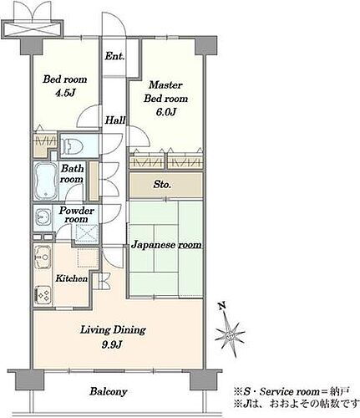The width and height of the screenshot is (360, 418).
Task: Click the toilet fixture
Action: [x=72, y=146]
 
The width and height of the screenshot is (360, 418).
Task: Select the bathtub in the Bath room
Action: [x=46, y=181]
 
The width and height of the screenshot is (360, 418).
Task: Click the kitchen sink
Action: [x=43, y=257]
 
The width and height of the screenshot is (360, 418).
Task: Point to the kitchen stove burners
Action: [x=43, y=295]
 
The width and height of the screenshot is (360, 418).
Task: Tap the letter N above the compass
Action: [x=221, y=307]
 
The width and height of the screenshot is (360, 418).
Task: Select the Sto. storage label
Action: [x=162, y=185]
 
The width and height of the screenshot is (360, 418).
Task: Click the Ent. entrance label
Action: [x=114, y=56]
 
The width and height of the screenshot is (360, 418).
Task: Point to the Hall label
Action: [x=115, y=120]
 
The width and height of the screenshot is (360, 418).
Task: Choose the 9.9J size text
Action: [x=112, y=345]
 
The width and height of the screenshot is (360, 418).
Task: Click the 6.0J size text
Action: [x=166, y=112]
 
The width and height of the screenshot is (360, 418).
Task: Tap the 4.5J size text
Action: [x=65, y=93]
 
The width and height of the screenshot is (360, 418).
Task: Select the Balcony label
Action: [x=109, y=392]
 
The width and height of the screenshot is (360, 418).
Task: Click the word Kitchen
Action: [x=72, y=278]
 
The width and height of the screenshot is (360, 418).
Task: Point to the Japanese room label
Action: [x=166, y=245]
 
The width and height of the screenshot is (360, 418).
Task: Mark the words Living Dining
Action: [x=113, y=330]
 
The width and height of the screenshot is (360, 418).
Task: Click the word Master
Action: [x=165, y=84]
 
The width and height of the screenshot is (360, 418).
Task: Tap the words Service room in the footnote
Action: [x=289, y=392]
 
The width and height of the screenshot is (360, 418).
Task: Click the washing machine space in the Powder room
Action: [x=87, y=232]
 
